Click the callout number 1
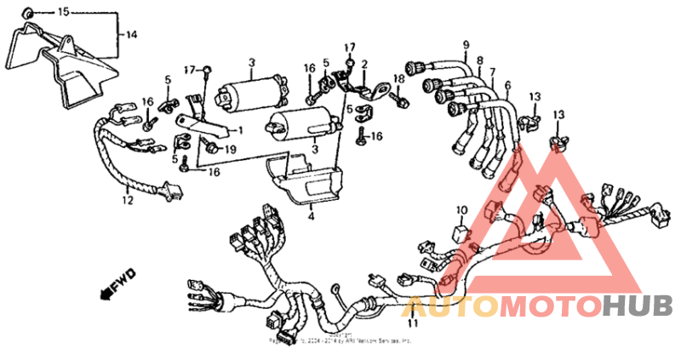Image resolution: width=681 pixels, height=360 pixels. (x=240, y=130)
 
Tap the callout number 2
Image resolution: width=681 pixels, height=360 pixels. (x=364, y=64)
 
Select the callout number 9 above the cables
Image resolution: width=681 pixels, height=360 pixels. (x=466, y=44)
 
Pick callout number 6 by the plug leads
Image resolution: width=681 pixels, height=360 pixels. (x=507, y=85)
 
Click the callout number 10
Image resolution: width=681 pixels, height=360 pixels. (x=461, y=209)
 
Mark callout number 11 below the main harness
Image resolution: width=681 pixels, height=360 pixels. (x=414, y=323)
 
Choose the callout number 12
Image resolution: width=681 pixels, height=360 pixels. (x=127, y=202)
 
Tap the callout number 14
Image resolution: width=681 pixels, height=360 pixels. (x=131, y=35)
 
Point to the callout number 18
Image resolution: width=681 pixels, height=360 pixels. (x=397, y=79)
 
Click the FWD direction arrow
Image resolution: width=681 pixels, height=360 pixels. (x=111, y=285)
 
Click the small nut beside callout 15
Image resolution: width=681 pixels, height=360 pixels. (x=29, y=13)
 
